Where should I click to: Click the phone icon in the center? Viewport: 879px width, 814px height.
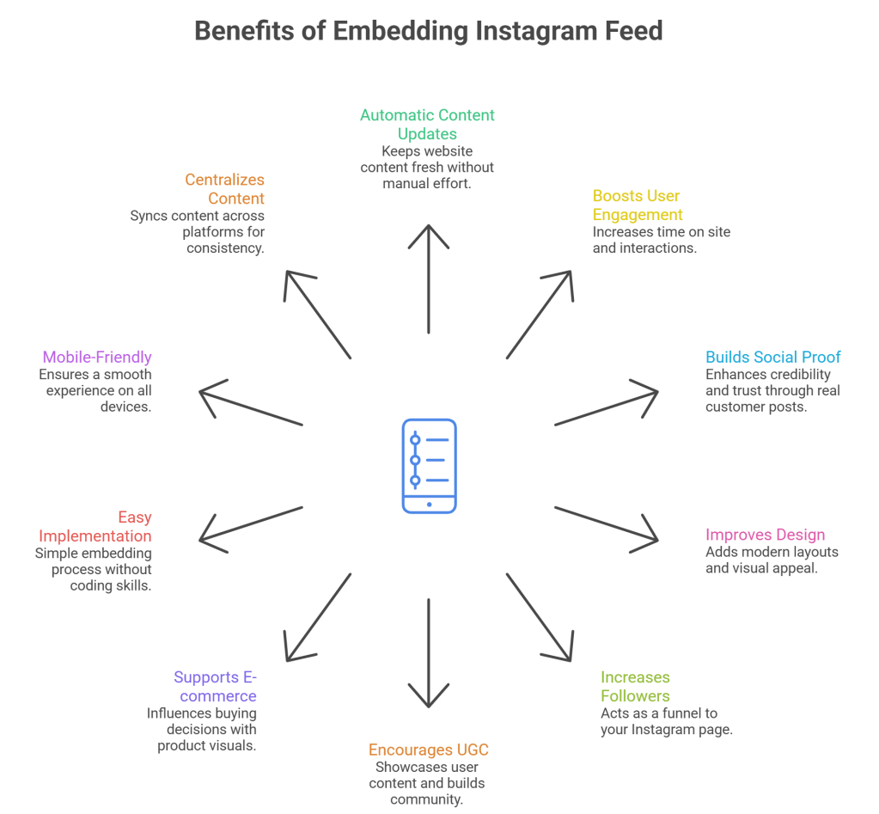429,466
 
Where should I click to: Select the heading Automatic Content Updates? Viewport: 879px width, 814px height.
427,125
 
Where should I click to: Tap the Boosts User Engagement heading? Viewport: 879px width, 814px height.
637,205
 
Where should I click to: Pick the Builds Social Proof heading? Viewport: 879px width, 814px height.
772,357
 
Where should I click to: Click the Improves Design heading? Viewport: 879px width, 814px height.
765,535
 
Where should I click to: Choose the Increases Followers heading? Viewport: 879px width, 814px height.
635,686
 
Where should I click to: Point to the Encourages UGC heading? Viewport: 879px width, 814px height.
428,750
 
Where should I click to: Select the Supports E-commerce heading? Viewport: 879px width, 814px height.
215,686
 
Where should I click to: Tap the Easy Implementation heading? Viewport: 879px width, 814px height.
95,527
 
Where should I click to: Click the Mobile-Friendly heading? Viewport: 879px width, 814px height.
97,357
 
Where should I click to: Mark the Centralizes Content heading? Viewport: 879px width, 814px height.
224,189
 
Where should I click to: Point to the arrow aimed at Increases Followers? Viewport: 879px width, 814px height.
539,616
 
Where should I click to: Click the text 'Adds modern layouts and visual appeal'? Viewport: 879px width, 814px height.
771,560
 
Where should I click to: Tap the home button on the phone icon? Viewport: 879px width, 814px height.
429,503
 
